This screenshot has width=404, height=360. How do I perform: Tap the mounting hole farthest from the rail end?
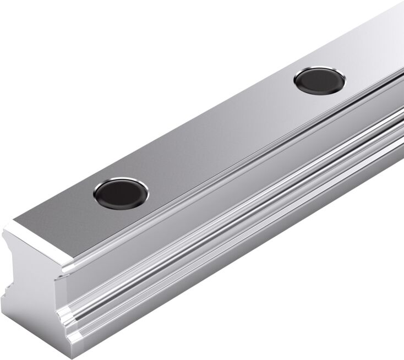(x=319, y=80)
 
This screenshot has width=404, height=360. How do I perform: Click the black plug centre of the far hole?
(x=319, y=80)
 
